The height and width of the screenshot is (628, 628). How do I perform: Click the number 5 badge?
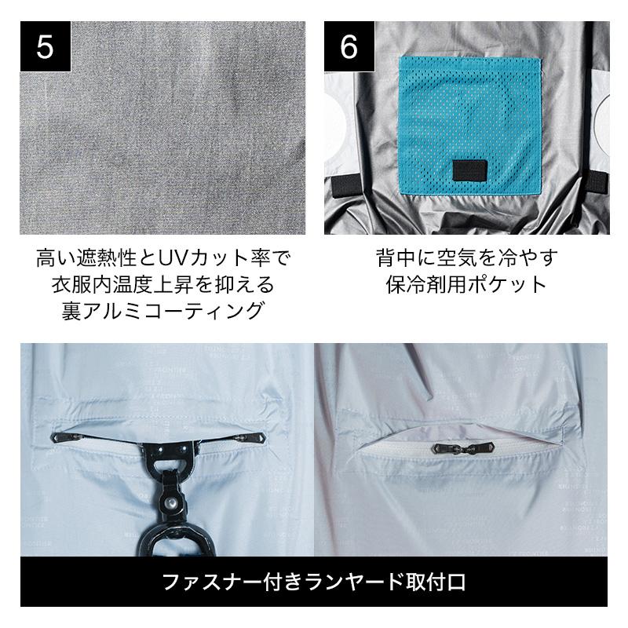point(46,46)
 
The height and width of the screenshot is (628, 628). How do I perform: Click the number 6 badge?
point(349,46)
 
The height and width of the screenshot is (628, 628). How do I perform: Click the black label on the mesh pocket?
point(470,170)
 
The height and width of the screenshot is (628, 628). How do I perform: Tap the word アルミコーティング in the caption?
point(175,311)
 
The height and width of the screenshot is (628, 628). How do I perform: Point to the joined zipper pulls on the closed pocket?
point(462,447)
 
